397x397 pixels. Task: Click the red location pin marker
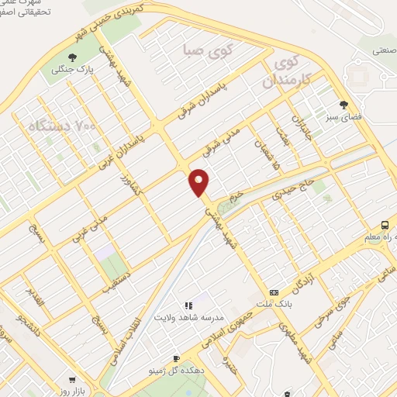pos(199,182)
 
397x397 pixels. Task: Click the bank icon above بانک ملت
pos(274,292)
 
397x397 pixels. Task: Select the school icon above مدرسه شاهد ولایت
pos(187,306)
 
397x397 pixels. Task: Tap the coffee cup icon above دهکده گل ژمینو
pos(176,359)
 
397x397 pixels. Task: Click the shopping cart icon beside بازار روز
pos(72,381)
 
